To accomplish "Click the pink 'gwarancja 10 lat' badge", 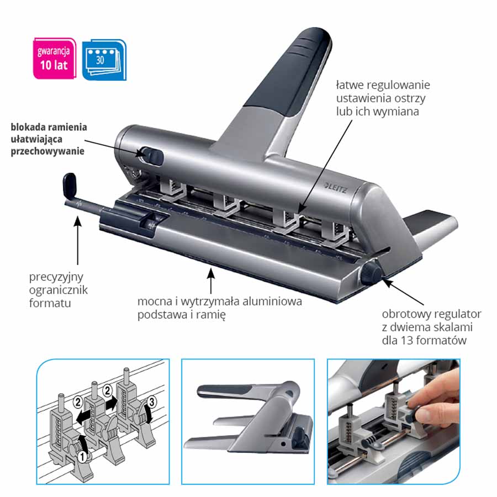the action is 55,59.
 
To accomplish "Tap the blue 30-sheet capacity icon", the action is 104,60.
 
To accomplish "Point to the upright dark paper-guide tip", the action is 70,185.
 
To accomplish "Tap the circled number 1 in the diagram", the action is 82,457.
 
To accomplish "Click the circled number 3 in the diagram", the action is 151,403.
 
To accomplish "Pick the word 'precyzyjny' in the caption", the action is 56,277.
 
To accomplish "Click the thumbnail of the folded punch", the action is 248,421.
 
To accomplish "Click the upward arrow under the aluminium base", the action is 211,281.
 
